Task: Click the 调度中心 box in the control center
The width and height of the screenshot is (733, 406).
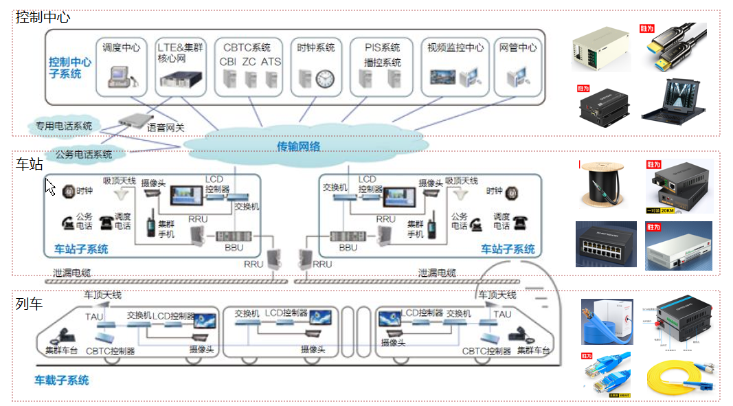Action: [121, 67]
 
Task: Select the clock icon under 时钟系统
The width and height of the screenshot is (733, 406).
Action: [324, 80]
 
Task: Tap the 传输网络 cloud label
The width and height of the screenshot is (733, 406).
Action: [298, 146]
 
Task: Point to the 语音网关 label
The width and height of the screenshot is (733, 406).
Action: [166, 128]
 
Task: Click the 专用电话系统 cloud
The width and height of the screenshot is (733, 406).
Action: [64, 126]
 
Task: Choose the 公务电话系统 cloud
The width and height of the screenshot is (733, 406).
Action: [83, 154]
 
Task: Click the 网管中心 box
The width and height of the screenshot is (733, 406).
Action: [517, 67]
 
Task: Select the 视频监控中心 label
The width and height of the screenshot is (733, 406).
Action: [455, 47]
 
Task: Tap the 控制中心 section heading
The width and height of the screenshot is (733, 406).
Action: [43, 18]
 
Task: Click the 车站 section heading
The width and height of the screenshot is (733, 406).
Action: [30, 164]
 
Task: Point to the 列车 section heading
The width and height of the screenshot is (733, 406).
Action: [30, 303]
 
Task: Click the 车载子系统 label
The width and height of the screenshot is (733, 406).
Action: [62, 380]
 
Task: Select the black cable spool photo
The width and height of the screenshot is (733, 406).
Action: [602, 184]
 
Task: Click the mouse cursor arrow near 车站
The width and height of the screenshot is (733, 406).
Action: [49, 186]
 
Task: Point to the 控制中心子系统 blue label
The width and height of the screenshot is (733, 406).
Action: [69, 67]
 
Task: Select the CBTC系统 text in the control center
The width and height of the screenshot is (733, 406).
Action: [247, 47]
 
